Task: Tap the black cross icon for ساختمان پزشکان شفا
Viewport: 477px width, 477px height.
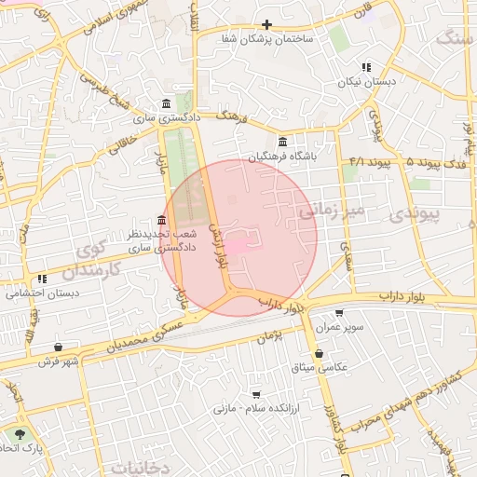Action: point(267,25)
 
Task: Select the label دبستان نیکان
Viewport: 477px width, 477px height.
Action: point(366,82)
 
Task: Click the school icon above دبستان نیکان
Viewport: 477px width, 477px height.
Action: point(366,67)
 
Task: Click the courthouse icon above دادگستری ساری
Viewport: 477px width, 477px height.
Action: point(166,103)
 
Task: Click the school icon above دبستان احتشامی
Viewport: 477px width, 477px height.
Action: point(42,279)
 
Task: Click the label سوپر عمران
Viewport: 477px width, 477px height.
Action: point(339,329)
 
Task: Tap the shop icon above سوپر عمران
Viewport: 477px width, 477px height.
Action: point(338,314)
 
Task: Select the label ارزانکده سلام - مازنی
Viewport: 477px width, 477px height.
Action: point(257,408)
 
